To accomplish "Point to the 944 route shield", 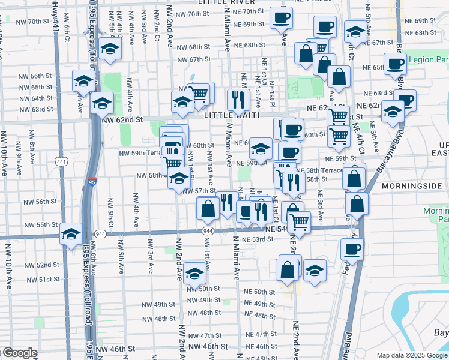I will (208, 231).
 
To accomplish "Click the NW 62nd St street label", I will (122, 120).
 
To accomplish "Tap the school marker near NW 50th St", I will (194, 274).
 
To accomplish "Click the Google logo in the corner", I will (19, 353).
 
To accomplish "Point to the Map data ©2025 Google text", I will (412, 355).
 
